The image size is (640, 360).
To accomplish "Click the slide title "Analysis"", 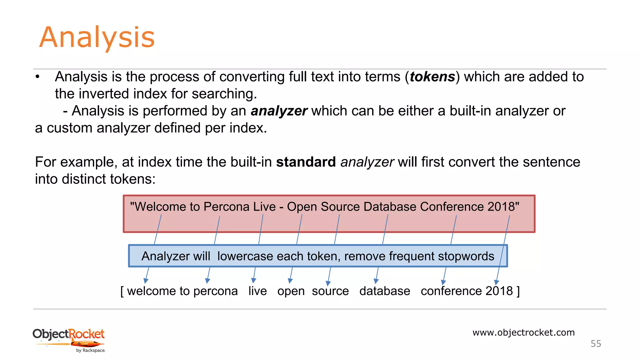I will pos(97,37).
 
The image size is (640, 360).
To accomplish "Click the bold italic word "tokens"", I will pos(432,77).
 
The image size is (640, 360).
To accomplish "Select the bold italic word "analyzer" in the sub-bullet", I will pos(279,111).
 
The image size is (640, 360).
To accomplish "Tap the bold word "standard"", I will pos(306,162).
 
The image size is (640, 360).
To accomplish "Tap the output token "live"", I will pos(257,291).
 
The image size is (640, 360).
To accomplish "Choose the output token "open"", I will pos(291,291).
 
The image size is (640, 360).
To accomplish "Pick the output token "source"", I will pos(330,291).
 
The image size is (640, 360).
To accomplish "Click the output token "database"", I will pos(385,291).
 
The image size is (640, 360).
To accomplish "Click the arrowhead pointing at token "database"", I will pos(376,281).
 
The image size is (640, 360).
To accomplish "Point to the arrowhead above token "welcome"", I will pos(146,280).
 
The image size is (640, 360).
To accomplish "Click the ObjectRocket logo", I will pos(69,340).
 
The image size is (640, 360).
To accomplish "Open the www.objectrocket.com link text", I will pos(523,332).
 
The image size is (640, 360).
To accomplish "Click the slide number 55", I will pos(596,344).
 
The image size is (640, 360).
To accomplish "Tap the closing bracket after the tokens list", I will pos(518,291).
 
